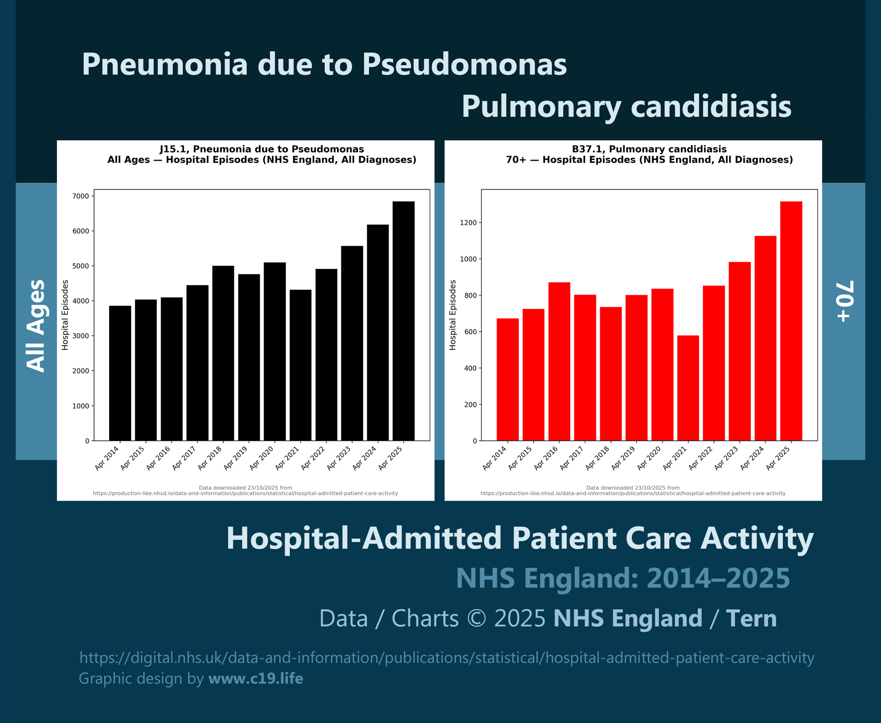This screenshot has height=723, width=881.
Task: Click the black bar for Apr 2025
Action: click(x=403, y=321)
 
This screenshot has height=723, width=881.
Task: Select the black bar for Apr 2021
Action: click(x=301, y=365)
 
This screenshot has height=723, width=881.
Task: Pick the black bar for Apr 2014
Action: click(x=120, y=373)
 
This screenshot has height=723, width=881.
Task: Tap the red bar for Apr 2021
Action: click(x=688, y=388)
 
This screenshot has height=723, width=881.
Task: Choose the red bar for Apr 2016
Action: click(x=559, y=361)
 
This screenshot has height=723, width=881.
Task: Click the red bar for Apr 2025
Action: click(x=791, y=321)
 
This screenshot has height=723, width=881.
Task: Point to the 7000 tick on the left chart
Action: click(x=81, y=196)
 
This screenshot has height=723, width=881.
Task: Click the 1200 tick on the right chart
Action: click(x=468, y=223)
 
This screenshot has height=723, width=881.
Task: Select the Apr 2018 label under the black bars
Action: click(x=210, y=458)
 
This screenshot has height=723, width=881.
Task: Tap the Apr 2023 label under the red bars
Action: click(x=727, y=458)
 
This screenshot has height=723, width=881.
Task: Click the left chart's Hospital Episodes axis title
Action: click(x=65, y=315)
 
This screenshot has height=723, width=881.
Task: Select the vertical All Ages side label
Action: click(x=36, y=326)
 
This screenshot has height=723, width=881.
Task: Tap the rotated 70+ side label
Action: click(x=844, y=301)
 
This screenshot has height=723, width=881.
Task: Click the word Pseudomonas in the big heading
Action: click(x=464, y=64)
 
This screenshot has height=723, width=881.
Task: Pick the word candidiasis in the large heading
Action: click(x=711, y=106)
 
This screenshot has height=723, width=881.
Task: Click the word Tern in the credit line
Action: click(x=751, y=618)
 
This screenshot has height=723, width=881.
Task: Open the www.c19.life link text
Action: click(x=256, y=679)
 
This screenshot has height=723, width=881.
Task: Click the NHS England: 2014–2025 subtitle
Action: click(x=623, y=578)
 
